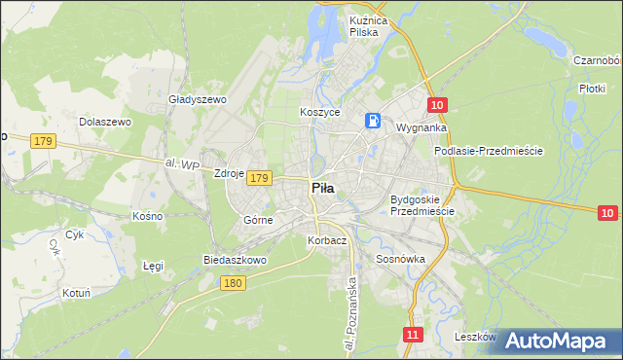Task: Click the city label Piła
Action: tap(324, 190)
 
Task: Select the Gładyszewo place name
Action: tap(197, 99)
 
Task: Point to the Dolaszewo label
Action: tap(105, 122)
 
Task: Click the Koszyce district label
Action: tap(319, 113)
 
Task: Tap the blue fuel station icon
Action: tap(373, 120)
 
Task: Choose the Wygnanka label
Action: tap(421, 127)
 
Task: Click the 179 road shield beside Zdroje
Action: tap(258, 178)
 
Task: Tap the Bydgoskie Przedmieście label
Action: tap(422, 205)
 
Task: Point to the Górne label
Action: tap(258, 221)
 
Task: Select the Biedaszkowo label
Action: tap(234, 261)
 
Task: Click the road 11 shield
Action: tap(414, 335)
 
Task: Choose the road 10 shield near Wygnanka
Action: tap(437, 104)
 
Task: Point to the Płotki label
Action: tap(593, 88)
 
